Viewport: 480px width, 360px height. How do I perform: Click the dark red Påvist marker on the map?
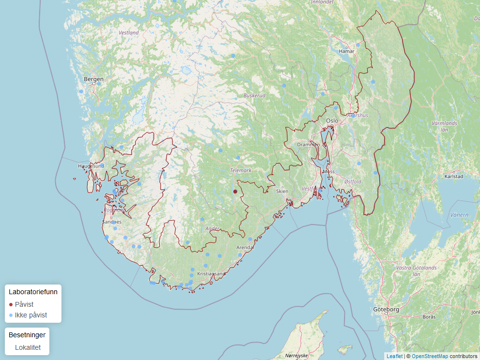click(x=235, y=192)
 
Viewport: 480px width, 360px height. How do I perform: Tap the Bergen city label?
click(x=93, y=79)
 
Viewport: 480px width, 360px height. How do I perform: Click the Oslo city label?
click(x=332, y=120)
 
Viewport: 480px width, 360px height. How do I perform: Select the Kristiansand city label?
click(x=211, y=274)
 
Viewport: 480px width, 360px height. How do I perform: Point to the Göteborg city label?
click(x=386, y=309)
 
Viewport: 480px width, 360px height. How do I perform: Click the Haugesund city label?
click(x=91, y=166)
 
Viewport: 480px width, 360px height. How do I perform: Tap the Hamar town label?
click(x=346, y=51)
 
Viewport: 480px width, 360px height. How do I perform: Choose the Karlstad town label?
click(x=450, y=177)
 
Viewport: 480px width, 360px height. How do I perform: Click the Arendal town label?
click(x=245, y=247)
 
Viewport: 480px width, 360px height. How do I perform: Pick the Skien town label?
click(x=282, y=191)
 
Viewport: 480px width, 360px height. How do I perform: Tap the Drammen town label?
click(x=308, y=145)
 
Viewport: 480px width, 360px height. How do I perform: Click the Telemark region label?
click(x=241, y=170)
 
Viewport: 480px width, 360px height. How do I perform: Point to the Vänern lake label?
click(x=459, y=214)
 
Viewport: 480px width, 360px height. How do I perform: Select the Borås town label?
click(x=429, y=317)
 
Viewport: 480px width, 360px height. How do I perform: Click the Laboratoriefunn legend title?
click(x=33, y=292)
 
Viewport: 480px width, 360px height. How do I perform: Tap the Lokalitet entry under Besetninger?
click(x=28, y=347)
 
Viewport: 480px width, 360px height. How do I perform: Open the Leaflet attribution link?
click(x=394, y=356)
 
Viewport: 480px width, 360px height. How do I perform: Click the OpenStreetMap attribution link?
click(x=430, y=356)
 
